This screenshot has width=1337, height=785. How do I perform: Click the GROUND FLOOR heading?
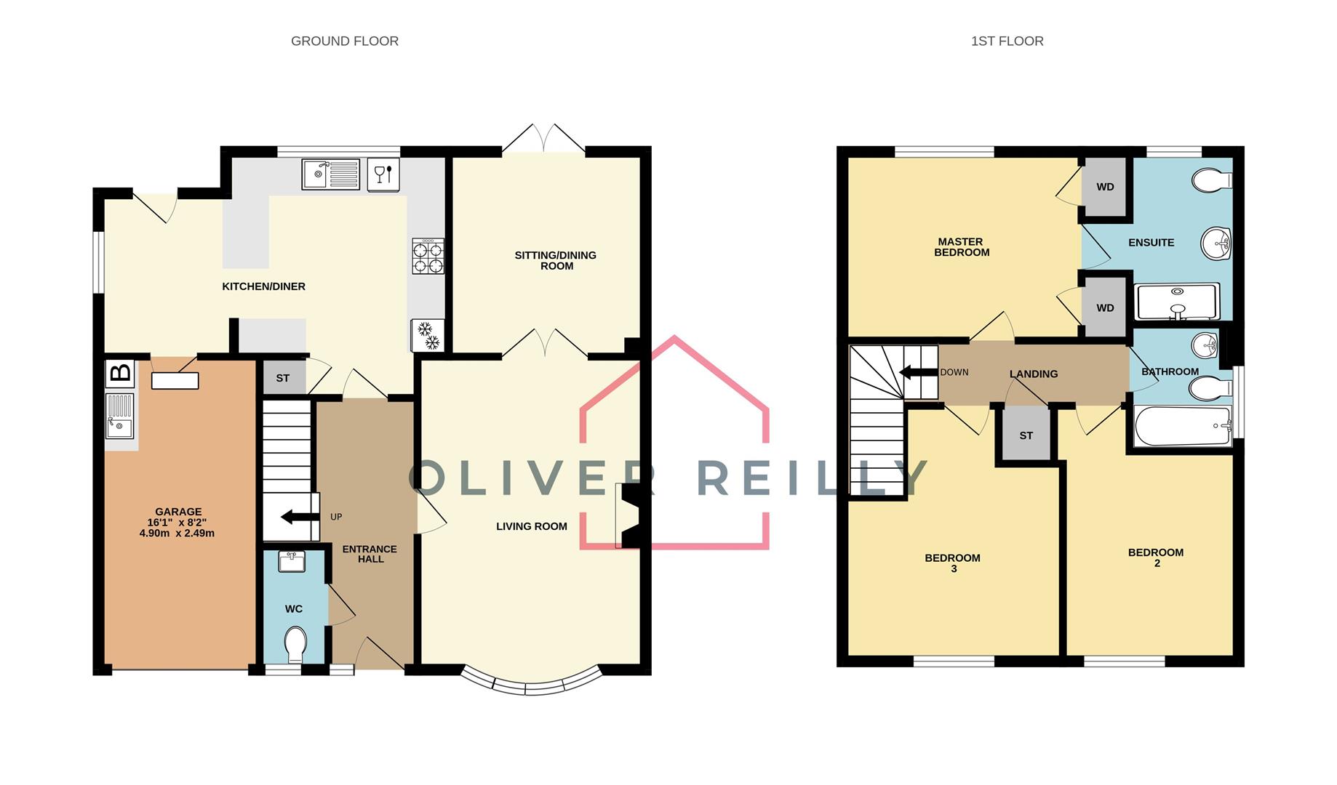tap(344, 41)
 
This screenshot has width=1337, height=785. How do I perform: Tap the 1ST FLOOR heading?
tap(1007, 41)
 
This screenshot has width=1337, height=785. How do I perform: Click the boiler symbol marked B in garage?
tap(120, 374)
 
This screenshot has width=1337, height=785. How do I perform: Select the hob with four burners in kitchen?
tap(428, 257)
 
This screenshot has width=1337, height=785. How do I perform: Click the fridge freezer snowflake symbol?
tap(428, 335)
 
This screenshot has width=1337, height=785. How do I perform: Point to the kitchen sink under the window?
tap(331, 174)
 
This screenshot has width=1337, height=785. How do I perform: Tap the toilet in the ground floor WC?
tap(295, 644)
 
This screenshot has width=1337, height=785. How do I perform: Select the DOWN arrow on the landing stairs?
tap(918, 372)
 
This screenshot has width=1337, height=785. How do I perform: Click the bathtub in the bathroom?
tap(1181, 426)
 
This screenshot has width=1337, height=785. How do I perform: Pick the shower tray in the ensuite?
tap(1176, 302)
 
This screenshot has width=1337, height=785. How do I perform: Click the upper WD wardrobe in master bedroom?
tap(1104, 187)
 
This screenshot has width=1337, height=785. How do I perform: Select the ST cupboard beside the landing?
tap(1026, 435)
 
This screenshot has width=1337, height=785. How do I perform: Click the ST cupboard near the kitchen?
tap(283, 378)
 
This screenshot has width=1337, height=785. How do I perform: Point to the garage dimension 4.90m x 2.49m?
tap(177, 533)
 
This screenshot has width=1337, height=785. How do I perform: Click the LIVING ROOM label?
tap(531, 526)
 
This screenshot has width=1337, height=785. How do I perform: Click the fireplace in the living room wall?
tap(627, 515)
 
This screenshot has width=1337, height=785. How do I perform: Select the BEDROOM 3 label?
tap(952, 563)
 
